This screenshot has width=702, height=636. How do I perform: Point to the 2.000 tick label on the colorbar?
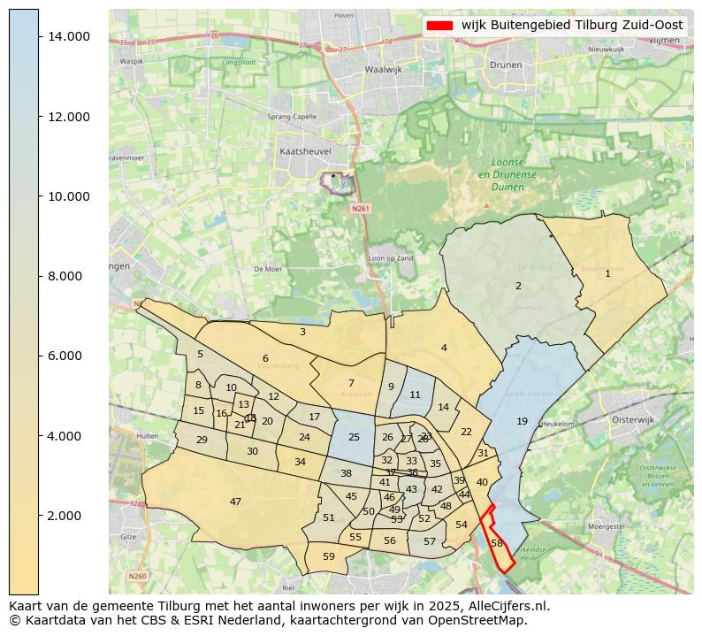click(x=68, y=516)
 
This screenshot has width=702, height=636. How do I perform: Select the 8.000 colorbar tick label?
click(x=68, y=276)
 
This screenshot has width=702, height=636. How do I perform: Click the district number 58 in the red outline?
click(x=497, y=543)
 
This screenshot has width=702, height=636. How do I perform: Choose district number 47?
click(x=235, y=502)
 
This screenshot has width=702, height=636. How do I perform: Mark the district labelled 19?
click(x=522, y=421)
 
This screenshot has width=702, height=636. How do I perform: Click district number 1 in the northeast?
click(x=607, y=273)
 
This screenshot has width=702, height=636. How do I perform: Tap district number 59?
click(x=329, y=556)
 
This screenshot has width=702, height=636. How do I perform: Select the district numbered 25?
click(x=354, y=437)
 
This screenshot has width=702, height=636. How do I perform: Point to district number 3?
click(x=302, y=332)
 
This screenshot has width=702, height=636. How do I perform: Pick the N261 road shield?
click(x=358, y=209)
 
